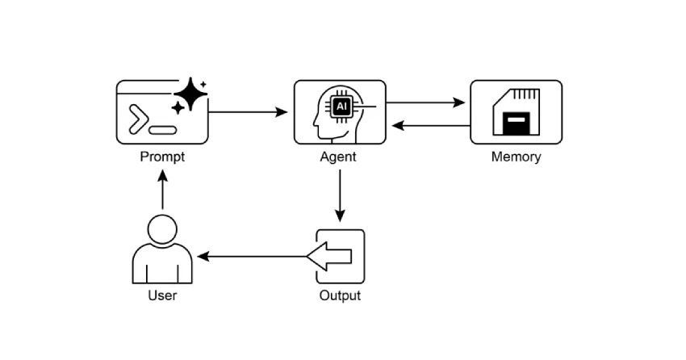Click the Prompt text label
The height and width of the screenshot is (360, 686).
(x=162, y=157)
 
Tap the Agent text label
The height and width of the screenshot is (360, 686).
(x=338, y=157)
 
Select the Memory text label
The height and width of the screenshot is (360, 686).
(x=516, y=157)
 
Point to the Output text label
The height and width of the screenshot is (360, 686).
(x=340, y=295)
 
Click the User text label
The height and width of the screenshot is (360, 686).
(x=162, y=295)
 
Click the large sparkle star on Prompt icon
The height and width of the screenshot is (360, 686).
(x=190, y=94)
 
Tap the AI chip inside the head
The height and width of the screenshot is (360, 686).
(x=341, y=106)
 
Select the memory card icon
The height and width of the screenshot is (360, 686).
(x=516, y=112)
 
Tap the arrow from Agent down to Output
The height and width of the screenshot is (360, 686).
(x=340, y=194)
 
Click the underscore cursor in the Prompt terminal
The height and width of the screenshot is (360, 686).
(x=163, y=129)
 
